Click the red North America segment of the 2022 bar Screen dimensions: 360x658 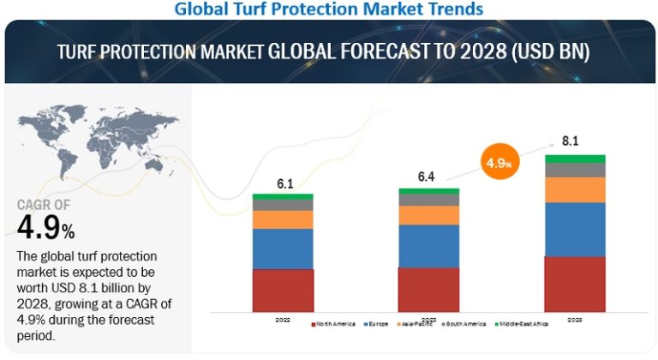point(283,290)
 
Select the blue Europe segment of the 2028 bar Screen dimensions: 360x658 point(575,229)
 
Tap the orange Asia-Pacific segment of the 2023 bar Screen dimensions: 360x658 point(429,215)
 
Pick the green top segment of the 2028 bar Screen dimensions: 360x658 point(575,159)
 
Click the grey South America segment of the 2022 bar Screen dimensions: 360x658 point(283,205)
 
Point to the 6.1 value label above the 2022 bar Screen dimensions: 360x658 point(284,183)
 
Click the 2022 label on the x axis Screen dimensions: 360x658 point(283,320)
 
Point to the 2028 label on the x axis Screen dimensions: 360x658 point(575,320)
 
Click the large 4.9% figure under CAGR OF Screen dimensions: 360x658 point(45,228)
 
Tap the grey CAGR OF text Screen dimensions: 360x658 point(44,206)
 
